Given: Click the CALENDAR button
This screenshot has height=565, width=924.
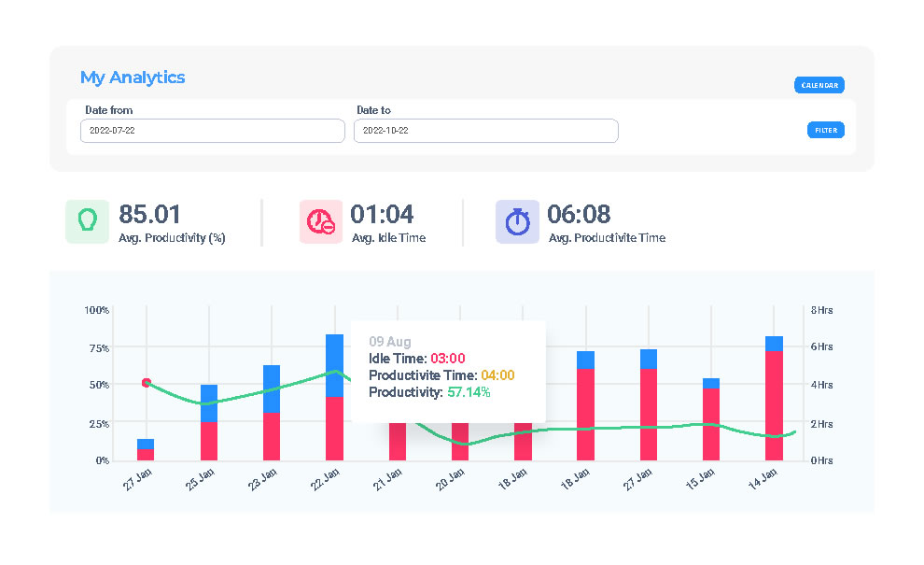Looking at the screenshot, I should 819,85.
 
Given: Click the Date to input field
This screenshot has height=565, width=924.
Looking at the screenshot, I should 485,131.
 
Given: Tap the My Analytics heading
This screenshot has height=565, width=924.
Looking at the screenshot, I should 133,78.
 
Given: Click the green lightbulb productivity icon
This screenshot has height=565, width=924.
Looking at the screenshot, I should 87,221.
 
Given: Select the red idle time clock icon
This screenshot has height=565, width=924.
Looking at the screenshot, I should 321,221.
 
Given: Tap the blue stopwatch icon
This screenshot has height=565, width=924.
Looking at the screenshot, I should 517,221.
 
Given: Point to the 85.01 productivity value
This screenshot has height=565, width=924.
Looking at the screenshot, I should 149,215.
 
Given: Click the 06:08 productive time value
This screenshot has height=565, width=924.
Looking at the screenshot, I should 579,215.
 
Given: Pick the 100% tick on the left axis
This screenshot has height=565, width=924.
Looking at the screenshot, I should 97,309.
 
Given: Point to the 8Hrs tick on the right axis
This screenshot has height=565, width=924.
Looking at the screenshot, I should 821,309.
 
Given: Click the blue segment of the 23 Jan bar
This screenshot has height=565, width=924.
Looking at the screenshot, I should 272,388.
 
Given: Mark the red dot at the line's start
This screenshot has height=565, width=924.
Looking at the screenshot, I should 147,383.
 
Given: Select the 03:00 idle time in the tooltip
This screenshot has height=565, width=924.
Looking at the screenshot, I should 448,358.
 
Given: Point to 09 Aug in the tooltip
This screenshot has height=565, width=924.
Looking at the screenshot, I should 390,342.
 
